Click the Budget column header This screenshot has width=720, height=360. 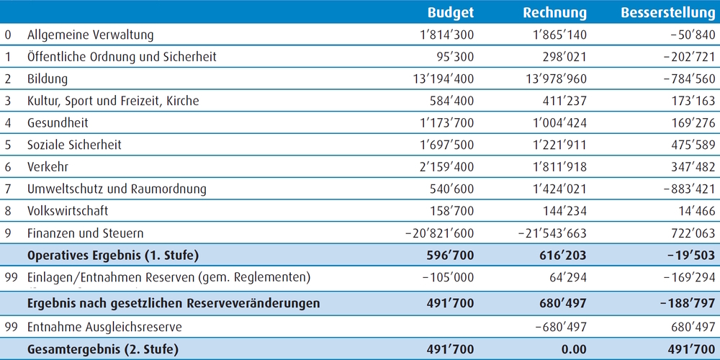[451, 12]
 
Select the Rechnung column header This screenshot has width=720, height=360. [554, 13]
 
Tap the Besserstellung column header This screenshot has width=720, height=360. [667, 12]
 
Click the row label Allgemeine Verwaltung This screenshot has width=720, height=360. [91, 35]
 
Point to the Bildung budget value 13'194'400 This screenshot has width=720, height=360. [444, 79]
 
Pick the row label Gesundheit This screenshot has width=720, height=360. [58, 123]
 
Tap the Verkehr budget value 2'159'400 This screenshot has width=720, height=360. [447, 167]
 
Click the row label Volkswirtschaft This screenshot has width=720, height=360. [68, 211]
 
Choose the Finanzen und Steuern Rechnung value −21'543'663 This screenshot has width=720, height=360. [552, 233]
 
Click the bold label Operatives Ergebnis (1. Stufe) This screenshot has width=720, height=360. [113, 256]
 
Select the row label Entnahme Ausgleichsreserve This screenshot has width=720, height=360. [104, 328]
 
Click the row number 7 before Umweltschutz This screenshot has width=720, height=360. [8, 189]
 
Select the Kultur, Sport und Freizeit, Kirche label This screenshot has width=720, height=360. [114, 101]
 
